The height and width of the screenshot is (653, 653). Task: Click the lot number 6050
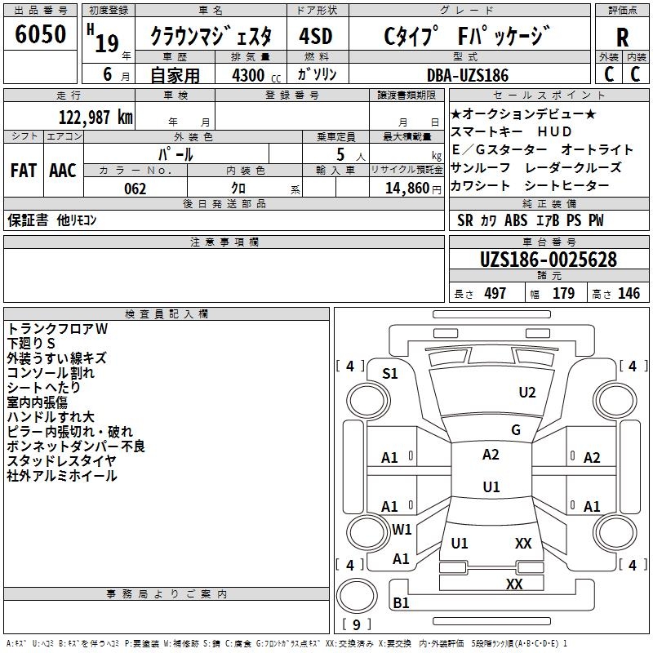[x=40, y=33]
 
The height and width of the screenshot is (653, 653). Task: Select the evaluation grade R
[x=622, y=37]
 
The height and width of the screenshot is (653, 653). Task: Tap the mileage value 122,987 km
[x=96, y=118]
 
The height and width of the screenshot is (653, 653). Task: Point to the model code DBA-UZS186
[x=468, y=75]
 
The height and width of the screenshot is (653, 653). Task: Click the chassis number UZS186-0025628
[x=549, y=260]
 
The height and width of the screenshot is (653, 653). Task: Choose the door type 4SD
[x=316, y=36]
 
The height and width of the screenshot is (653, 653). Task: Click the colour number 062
[x=135, y=189]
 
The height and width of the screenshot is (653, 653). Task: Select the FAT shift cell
[x=24, y=171]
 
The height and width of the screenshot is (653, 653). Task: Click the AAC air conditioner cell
[x=63, y=171]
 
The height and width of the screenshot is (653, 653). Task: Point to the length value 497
[x=495, y=293]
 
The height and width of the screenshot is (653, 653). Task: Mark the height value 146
[x=629, y=293]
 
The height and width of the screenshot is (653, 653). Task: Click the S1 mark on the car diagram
[x=390, y=374]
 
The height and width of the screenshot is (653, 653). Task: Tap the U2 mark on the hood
[x=527, y=393]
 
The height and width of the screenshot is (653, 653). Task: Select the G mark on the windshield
[x=516, y=430]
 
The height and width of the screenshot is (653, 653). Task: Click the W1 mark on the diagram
[x=402, y=529]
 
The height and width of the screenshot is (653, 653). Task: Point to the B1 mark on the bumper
[x=401, y=602]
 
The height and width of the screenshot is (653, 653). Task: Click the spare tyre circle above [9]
[x=357, y=596]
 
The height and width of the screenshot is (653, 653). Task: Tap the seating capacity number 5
[x=340, y=154]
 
